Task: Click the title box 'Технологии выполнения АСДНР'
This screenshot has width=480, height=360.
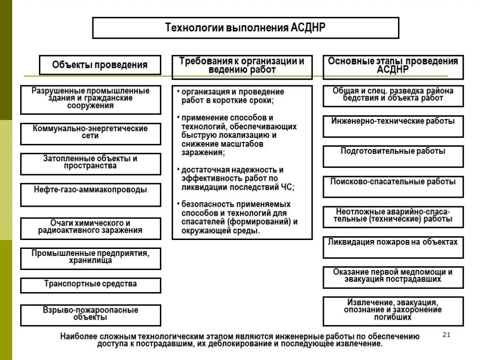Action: pyautogui.click(x=245, y=28)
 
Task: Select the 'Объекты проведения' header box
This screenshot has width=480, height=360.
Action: pyautogui.click(x=100, y=65)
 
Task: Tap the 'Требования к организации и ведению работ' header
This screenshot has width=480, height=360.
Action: pyautogui.click(x=242, y=66)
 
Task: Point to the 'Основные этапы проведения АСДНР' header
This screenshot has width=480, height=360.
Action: pyautogui.click(x=393, y=66)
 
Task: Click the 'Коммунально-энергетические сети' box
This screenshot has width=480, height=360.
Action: pyautogui.click(x=90, y=133)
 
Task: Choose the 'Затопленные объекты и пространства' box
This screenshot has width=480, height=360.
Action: pyautogui.click(x=90, y=163)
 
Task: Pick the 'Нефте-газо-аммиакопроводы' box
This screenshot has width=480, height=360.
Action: pyautogui.click(x=90, y=191)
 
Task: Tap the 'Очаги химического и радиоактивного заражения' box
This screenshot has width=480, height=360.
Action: pyautogui.click(x=90, y=227)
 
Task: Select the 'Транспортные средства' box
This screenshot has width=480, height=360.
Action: pyautogui.click(x=90, y=284)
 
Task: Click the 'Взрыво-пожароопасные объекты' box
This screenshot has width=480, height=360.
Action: pyautogui.click(x=90, y=314)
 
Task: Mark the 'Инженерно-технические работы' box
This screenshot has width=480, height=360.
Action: pyautogui.click(x=393, y=122)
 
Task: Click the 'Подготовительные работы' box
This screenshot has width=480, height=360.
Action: pyautogui.click(x=393, y=152)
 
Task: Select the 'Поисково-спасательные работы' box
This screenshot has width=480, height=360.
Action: pyautogui.click(x=393, y=182)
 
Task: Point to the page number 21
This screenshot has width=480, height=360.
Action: pyautogui.click(x=446, y=335)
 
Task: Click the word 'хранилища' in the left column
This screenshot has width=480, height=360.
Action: pyautogui.click(x=90, y=261)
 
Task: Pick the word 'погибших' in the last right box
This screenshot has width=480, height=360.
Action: pyautogui.click(x=393, y=317)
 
